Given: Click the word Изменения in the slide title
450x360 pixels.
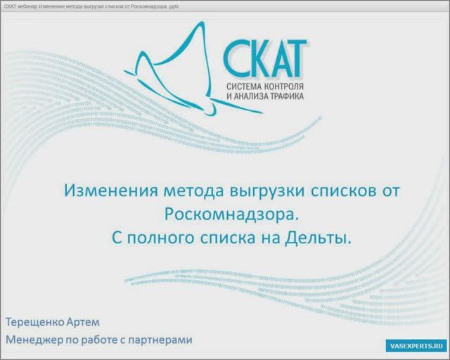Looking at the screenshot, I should click(105, 191).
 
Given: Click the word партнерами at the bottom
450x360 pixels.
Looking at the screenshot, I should click(160, 340).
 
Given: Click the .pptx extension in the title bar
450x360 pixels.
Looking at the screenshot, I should click(172, 6).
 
